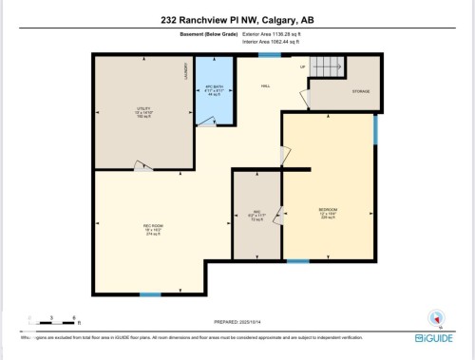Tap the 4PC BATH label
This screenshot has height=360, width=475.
pos(214,89)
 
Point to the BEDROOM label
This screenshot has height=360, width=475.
pos(329,212)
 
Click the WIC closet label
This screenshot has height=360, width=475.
pos(256,214)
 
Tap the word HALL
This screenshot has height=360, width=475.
pos(267,85)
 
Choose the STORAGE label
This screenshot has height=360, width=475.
pos(361,91)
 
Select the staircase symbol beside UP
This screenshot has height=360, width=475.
pos(328,68)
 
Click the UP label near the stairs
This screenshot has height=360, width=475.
pos(303,67)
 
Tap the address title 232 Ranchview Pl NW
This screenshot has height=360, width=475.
pos(237,19)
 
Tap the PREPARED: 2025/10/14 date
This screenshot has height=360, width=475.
pos(238,323)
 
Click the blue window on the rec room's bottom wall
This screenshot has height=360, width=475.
pos(150,294)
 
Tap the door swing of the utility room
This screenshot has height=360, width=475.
pos(142,167)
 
